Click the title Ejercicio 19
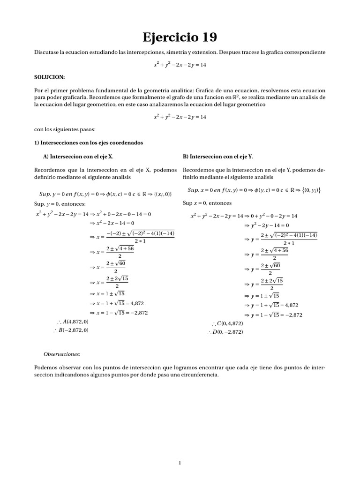pos(180,37)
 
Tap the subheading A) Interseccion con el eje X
pos(78,156)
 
